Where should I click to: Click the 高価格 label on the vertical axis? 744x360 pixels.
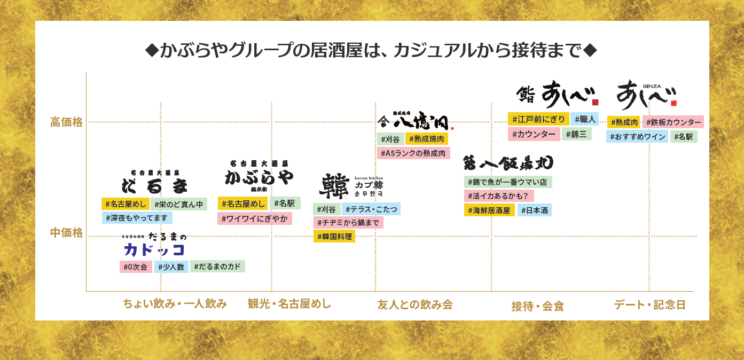pyautogui.click(x=66, y=122)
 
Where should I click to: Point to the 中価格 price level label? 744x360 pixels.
pyautogui.click(x=66, y=233)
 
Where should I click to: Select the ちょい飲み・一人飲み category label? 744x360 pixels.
pyautogui.click(x=175, y=304)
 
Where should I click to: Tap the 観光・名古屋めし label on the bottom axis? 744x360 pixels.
pyautogui.click(x=289, y=304)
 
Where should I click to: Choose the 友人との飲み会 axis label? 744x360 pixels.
pyautogui.click(x=415, y=304)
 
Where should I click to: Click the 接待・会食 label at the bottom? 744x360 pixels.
pyautogui.click(x=537, y=306)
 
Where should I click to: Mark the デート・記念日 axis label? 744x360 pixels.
pyautogui.click(x=649, y=304)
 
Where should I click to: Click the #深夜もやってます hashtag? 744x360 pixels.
pyautogui.click(x=137, y=218)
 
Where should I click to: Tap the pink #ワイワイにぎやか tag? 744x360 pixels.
pyautogui.click(x=254, y=218)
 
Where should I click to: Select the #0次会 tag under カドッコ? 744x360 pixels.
pyautogui.click(x=136, y=267)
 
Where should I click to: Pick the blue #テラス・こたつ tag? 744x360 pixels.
pyautogui.click(x=371, y=209)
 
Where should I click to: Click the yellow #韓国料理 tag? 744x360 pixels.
pyautogui.click(x=334, y=236)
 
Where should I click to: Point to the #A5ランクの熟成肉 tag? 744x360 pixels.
pyautogui.click(x=413, y=153)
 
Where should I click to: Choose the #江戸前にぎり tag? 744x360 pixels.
pyautogui.click(x=538, y=119)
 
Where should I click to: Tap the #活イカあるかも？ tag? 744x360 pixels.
pyautogui.click(x=498, y=196)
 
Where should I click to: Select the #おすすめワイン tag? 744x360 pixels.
pyautogui.click(x=637, y=136)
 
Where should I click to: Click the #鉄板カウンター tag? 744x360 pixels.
pyautogui.click(x=672, y=122)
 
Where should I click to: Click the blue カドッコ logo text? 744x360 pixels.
pyautogui.click(x=154, y=249)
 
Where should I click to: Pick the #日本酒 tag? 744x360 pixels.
pyautogui.click(x=534, y=210)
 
